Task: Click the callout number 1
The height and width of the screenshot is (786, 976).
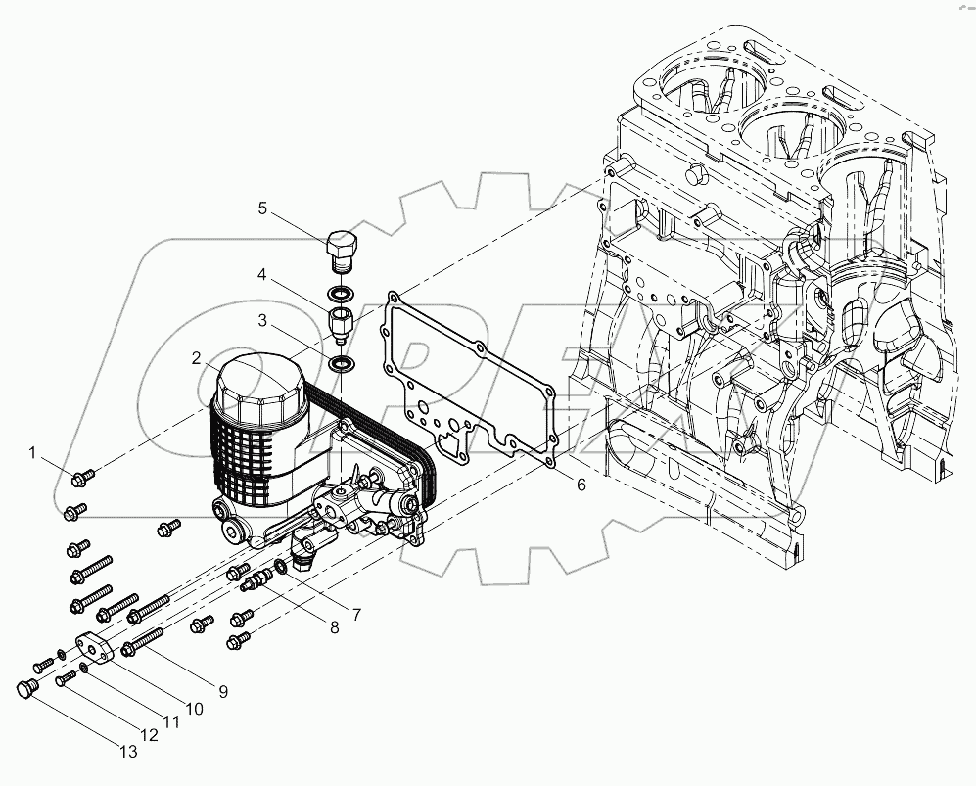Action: point(32,452)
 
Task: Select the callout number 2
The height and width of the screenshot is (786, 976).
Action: point(197,357)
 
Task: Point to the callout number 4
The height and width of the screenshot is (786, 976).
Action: point(262,277)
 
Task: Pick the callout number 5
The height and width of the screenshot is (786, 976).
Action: point(262,208)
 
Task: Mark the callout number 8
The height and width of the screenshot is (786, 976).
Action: point(334,627)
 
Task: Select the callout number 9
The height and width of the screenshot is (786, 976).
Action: point(223,691)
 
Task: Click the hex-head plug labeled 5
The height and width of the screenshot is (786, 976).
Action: point(342,252)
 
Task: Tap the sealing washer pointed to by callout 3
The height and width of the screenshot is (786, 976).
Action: point(343,364)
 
